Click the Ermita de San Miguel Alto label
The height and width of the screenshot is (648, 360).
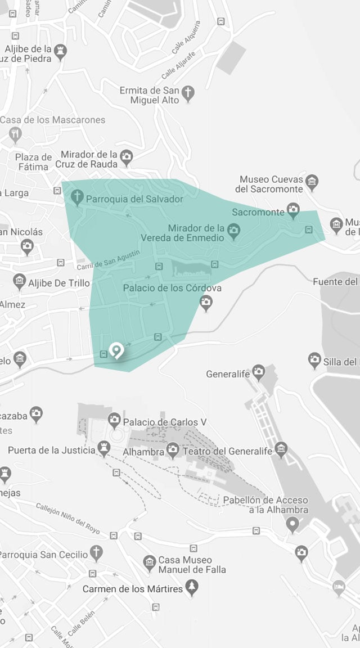click(x=149, y=95)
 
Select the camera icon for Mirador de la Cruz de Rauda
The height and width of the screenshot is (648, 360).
click(x=127, y=156)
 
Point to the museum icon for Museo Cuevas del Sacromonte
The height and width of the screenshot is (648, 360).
click(x=312, y=181)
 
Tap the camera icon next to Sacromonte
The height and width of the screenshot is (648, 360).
click(x=292, y=211)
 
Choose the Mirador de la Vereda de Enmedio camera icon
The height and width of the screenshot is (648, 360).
click(x=233, y=229)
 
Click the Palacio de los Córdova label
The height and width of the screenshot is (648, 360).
click(x=172, y=288)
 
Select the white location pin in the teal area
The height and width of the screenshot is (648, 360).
click(x=116, y=351)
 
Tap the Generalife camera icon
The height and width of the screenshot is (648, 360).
click(x=258, y=371)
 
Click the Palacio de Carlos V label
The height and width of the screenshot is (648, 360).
click(x=160, y=422)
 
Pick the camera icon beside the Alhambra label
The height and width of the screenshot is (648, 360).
click(x=172, y=449)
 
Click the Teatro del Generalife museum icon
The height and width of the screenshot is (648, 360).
click(x=281, y=449)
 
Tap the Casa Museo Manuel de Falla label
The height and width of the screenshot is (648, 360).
click(x=192, y=565)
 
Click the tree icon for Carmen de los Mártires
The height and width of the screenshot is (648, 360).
click(x=193, y=588)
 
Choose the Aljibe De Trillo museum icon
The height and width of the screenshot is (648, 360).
click(x=20, y=281)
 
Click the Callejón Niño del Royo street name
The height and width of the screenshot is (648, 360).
click(x=68, y=517)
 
